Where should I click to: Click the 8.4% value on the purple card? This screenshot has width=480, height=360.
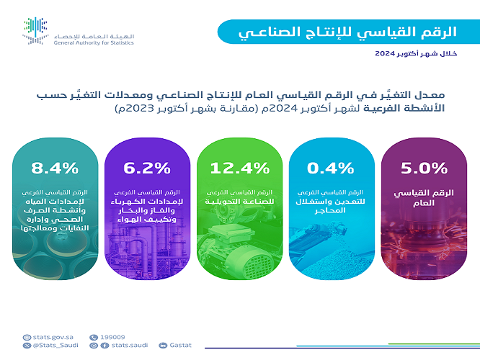tap(55, 168)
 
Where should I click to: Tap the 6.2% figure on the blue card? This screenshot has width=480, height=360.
tap(146, 168)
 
